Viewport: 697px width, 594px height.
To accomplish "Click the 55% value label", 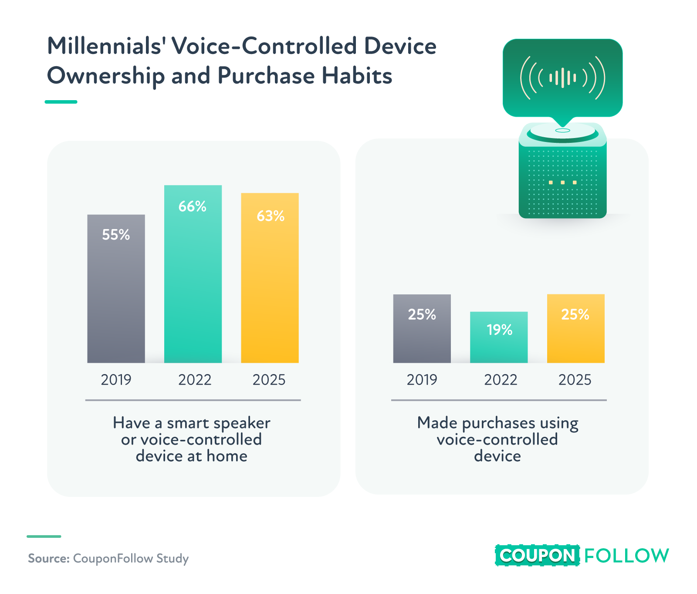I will [x=116, y=235].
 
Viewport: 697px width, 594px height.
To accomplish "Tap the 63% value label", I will [x=271, y=216].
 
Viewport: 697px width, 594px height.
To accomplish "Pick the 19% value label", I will [x=499, y=330].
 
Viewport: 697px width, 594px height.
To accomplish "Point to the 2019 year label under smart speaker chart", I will [x=116, y=380].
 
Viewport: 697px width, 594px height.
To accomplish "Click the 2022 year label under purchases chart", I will [x=501, y=380].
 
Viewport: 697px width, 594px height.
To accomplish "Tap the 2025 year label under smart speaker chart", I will [x=269, y=380].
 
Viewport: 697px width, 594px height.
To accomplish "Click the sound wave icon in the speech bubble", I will [x=562, y=78].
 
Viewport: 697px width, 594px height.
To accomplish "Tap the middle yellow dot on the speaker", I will [x=563, y=182].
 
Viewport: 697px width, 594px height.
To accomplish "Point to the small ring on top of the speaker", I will [x=562, y=130].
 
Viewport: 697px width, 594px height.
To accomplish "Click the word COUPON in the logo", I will [x=537, y=555].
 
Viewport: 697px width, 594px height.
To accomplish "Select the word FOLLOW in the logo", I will [x=626, y=555].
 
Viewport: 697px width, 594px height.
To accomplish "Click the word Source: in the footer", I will [x=48, y=558].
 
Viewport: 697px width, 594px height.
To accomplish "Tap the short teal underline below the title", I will [x=61, y=102].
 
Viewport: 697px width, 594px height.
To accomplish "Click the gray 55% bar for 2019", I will [x=116, y=300].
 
